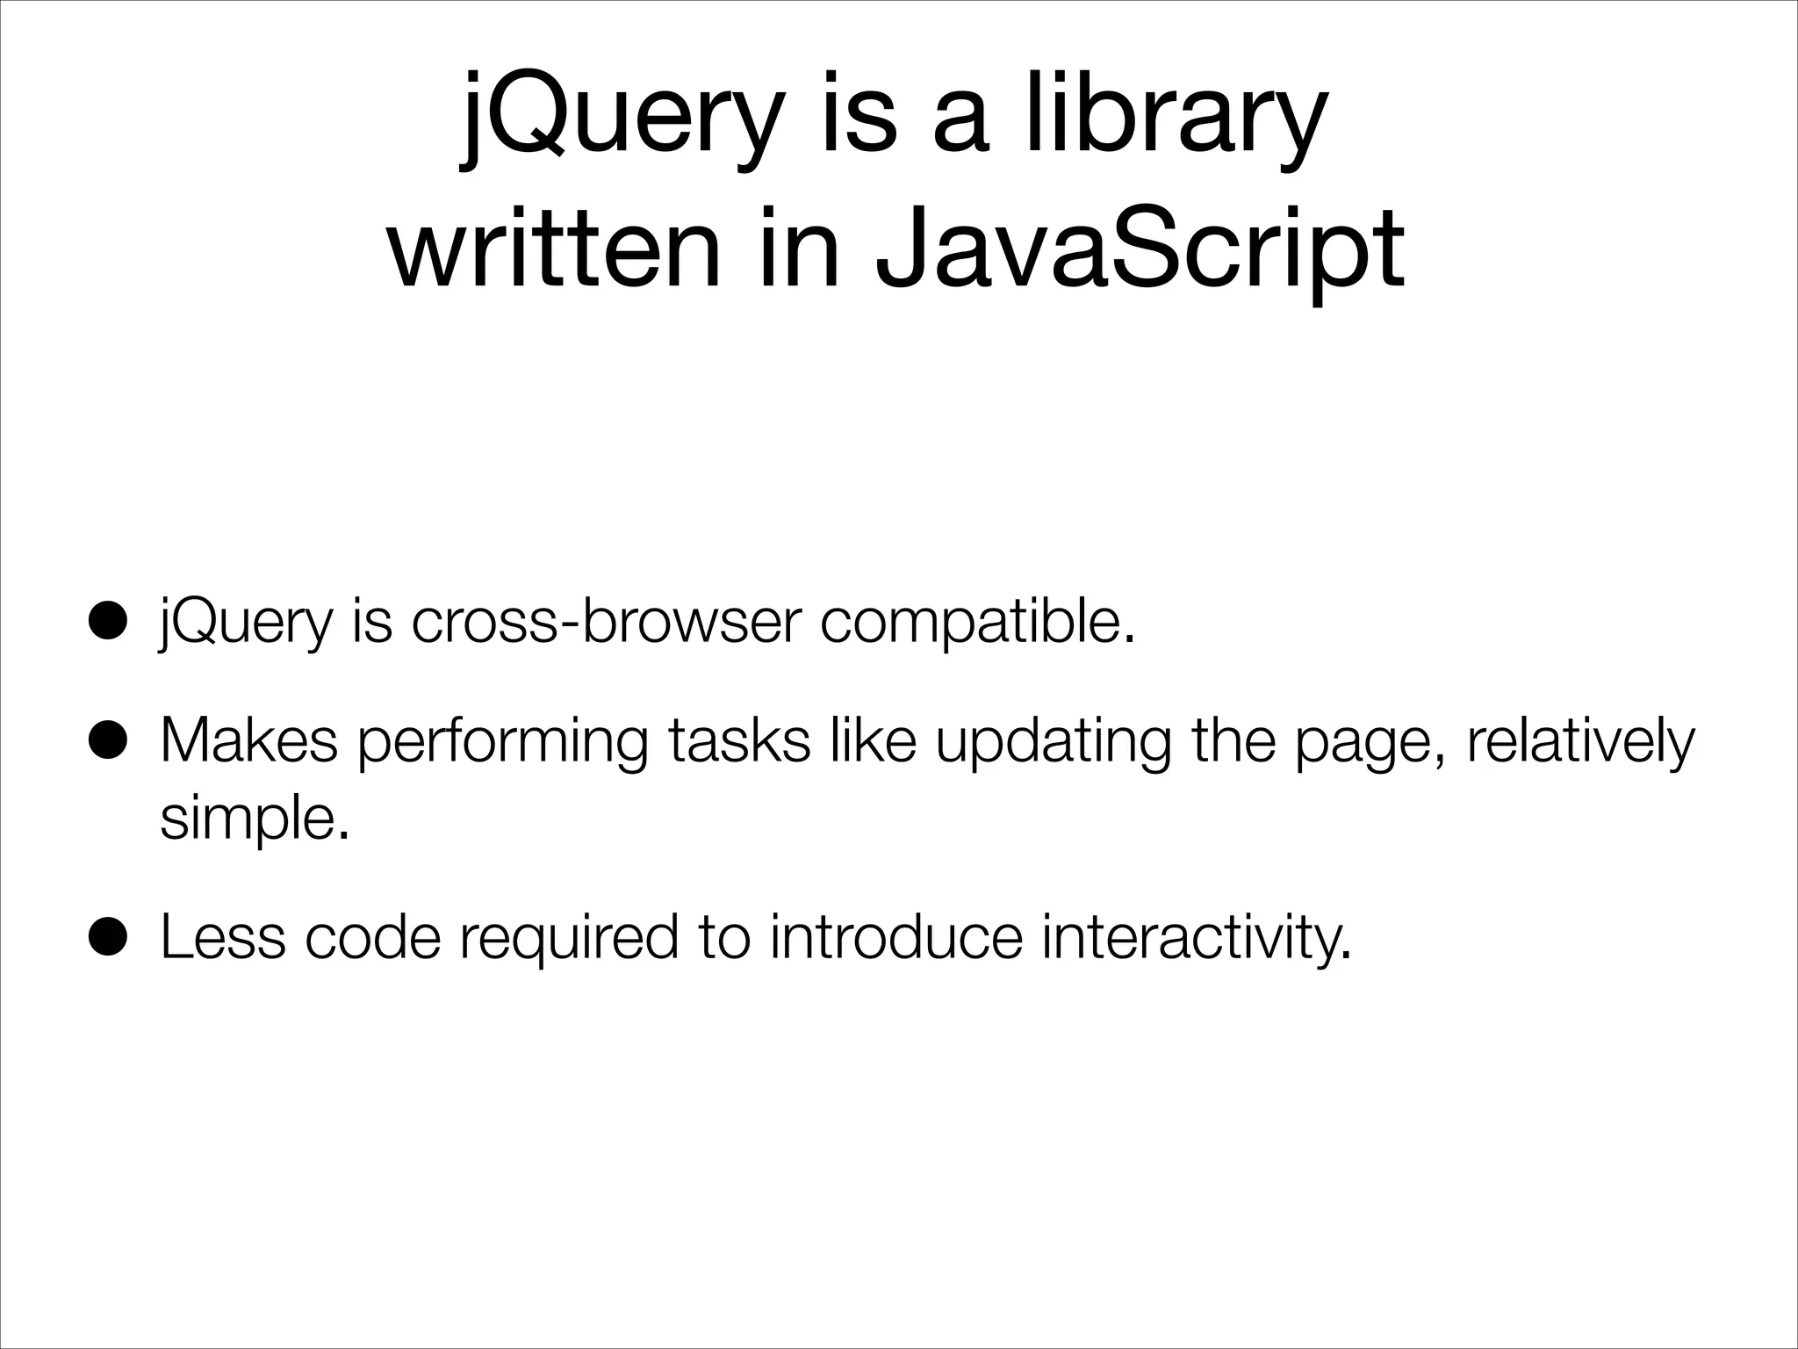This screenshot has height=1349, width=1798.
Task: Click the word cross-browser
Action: point(606,622)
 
